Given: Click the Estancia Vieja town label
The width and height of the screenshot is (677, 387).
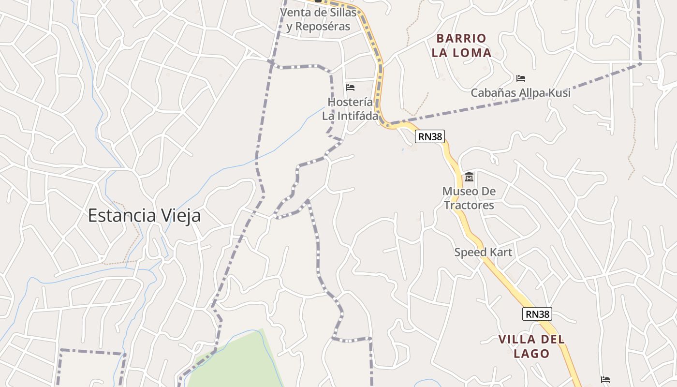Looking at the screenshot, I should (x=144, y=216).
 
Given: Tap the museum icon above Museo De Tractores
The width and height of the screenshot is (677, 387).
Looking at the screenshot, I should (x=469, y=177).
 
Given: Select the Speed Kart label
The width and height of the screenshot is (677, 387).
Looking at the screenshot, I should (x=483, y=252).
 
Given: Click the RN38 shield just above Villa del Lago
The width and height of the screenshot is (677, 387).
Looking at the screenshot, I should (x=537, y=314).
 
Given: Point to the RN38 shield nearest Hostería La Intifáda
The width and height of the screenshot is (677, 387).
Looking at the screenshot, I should (x=430, y=136).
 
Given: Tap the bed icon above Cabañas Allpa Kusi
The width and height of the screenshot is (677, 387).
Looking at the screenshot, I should (x=521, y=78).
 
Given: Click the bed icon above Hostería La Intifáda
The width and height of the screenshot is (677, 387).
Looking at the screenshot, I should (x=350, y=88).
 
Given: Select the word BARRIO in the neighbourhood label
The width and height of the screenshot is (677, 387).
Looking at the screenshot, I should (x=461, y=38).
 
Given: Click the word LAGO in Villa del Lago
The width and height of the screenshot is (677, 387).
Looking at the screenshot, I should (x=531, y=354).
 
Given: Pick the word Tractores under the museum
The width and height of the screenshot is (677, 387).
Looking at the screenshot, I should (x=469, y=205).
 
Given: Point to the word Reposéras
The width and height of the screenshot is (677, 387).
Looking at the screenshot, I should (x=322, y=26).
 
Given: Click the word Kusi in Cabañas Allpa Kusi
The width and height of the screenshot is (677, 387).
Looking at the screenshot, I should (x=559, y=92).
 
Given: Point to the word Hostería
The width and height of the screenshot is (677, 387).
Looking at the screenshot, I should (x=350, y=102).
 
